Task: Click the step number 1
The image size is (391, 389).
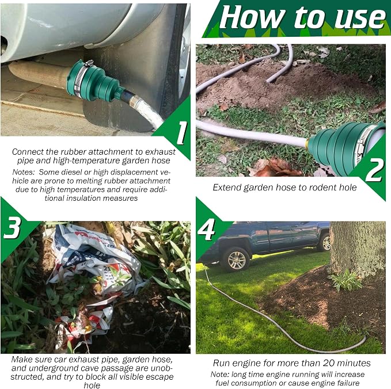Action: (182, 132)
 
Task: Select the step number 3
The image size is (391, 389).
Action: (12, 227)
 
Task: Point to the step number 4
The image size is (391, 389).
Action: (206, 230)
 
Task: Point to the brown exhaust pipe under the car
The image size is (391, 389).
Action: (37, 74)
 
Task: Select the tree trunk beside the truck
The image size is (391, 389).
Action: (357, 249)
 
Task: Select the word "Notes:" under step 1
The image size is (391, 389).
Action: (24, 172)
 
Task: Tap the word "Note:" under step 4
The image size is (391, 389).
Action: (220, 374)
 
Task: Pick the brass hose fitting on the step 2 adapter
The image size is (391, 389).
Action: (309, 143)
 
